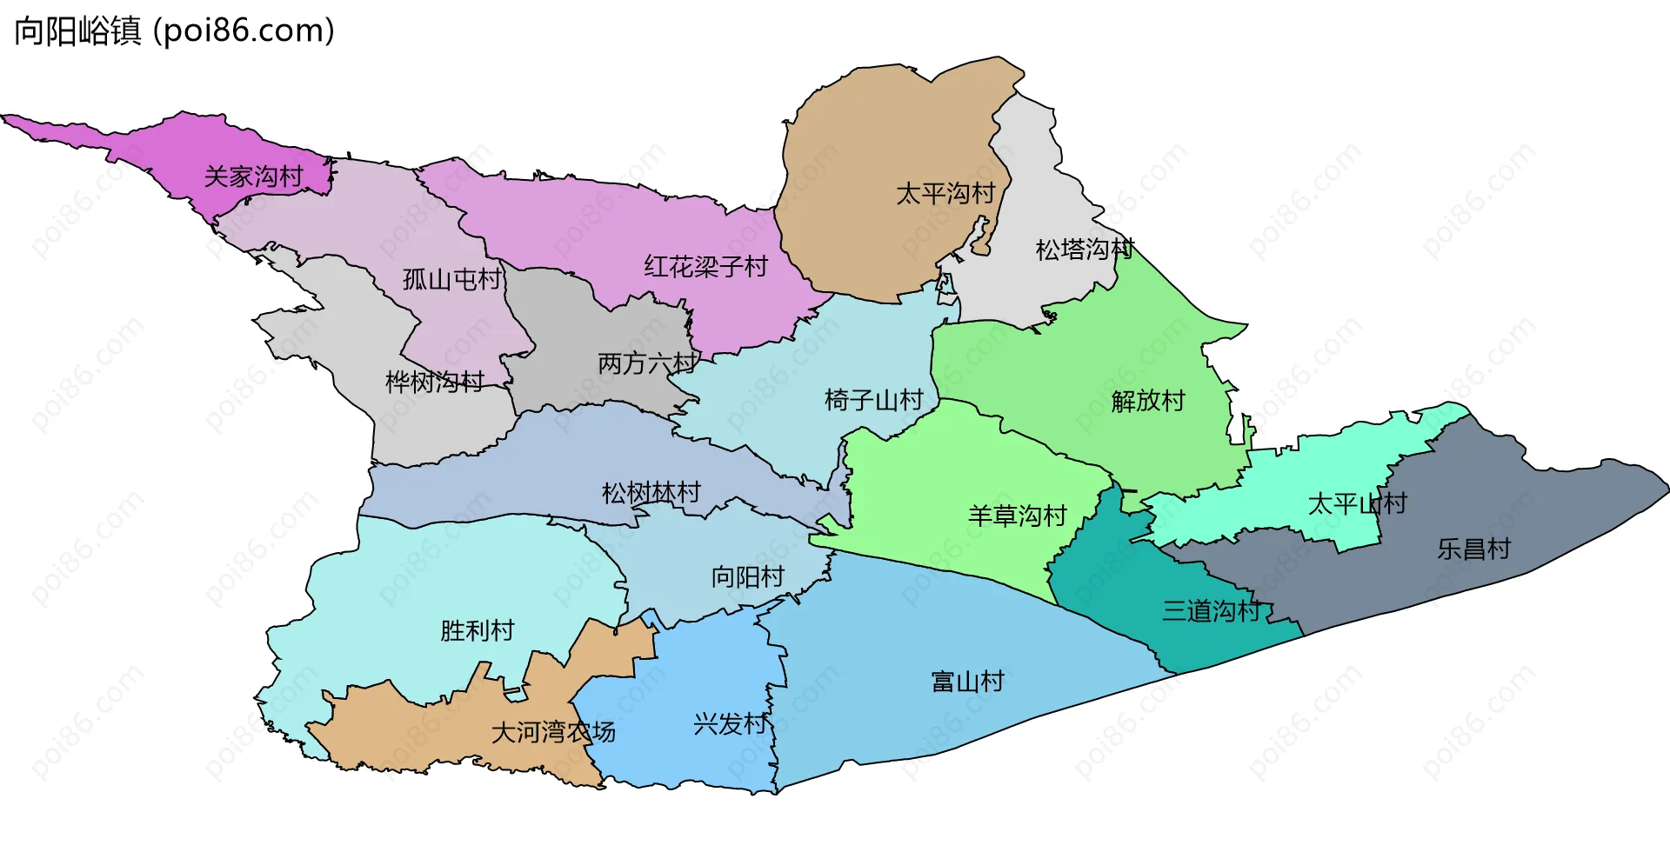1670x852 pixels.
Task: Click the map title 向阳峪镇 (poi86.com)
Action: pyautogui.click(x=174, y=31)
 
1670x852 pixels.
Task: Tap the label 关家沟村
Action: pyautogui.click(x=253, y=176)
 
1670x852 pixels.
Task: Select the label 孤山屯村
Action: pyautogui.click(x=452, y=279)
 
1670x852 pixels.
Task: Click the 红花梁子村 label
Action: pyautogui.click(x=705, y=266)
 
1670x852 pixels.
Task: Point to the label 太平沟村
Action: pyautogui.click(x=945, y=193)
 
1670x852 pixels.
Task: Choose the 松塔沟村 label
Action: pyautogui.click(x=1085, y=250)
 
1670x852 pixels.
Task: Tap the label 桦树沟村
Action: pyautogui.click(x=435, y=381)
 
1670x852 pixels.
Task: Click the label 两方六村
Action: pyautogui.click(x=647, y=363)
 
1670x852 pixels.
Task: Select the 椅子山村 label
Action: pyautogui.click(x=873, y=400)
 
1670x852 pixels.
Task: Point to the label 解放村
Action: pyautogui.click(x=1148, y=401)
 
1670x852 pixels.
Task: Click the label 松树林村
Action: pyautogui.click(x=651, y=493)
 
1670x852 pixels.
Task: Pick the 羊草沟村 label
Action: pyautogui.click(x=1017, y=516)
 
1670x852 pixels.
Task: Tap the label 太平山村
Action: pyautogui.click(x=1357, y=503)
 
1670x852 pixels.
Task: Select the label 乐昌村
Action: pyautogui.click(x=1473, y=549)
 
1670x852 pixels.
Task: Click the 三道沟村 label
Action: pyautogui.click(x=1212, y=610)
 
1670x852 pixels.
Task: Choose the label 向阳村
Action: pyautogui.click(x=747, y=576)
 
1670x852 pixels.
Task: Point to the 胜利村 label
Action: pyautogui.click(x=477, y=630)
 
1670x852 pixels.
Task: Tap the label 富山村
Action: pyautogui.click(x=967, y=681)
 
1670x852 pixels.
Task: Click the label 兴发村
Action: pyautogui.click(x=730, y=723)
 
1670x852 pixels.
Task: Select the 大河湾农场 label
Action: pyautogui.click(x=553, y=732)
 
